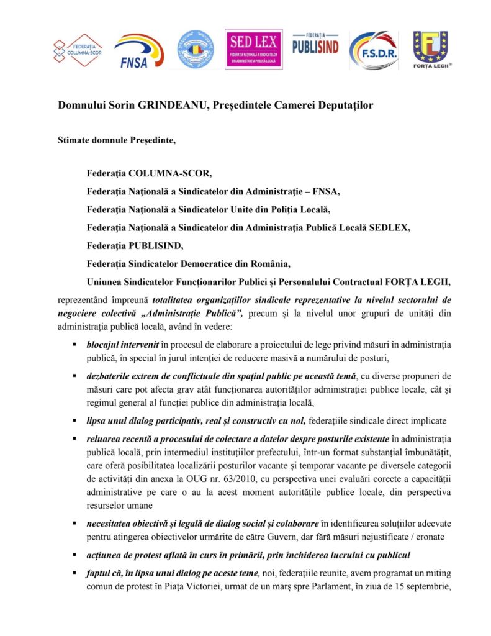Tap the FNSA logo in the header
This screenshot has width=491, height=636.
tap(138, 50)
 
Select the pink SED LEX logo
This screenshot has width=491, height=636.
tap(253, 49)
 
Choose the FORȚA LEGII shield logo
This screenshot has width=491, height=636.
tap(432, 50)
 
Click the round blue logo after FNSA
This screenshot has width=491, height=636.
tap(196, 50)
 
